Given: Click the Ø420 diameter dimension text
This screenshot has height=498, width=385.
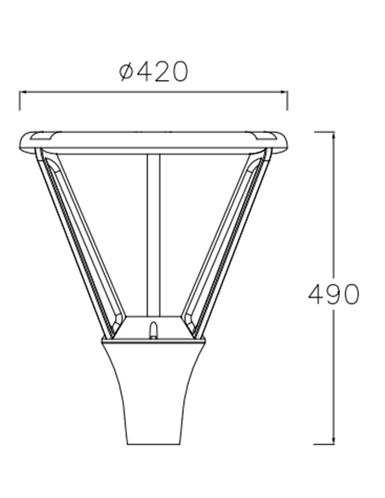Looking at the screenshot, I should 154,72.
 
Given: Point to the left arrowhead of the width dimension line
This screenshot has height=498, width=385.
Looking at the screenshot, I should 22,93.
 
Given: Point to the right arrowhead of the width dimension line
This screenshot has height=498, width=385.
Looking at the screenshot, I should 286,93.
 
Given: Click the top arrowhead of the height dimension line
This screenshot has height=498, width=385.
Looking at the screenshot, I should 331,134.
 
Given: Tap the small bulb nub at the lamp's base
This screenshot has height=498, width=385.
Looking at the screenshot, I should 154,329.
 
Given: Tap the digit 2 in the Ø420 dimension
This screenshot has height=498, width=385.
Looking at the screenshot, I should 158,72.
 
